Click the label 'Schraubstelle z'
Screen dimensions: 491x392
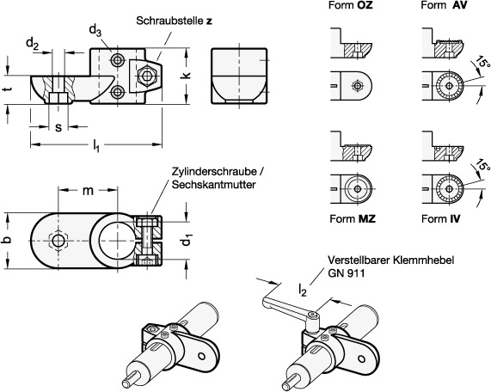tap(174, 21)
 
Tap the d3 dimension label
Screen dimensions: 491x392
tap(95, 31)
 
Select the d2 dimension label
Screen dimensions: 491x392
tap(33, 45)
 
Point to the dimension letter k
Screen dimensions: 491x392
tap(187, 76)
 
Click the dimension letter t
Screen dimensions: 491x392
tap(9, 89)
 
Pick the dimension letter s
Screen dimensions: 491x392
tap(58, 127)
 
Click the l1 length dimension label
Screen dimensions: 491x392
tap(96, 145)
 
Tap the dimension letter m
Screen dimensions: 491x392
tap(88, 190)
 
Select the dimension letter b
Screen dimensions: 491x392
tap(8, 240)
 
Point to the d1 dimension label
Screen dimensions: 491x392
tap(187, 240)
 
